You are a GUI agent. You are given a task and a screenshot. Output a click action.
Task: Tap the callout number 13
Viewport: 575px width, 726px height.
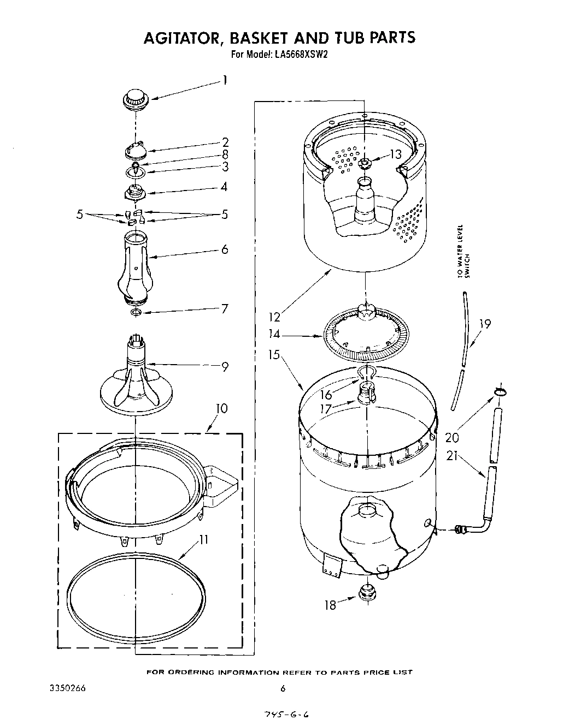pyautogui.click(x=396, y=154)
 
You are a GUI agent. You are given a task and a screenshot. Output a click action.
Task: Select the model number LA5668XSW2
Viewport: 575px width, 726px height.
pyautogui.click(x=301, y=54)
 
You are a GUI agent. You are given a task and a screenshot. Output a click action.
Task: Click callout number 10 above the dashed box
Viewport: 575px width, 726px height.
pyautogui.click(x=222, y=409)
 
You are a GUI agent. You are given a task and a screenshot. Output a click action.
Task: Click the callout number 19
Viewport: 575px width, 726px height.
pyautogui.click(x=484, y=324)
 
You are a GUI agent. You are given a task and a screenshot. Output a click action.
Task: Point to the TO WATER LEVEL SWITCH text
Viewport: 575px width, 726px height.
pyautogui.click(x=463, y=251)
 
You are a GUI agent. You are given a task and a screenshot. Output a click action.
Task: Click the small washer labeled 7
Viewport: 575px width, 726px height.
pyautogui.click(x=136, y=312)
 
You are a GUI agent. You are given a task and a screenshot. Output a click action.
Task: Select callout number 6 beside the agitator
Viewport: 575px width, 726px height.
pyautogui.click(x=225, y=249)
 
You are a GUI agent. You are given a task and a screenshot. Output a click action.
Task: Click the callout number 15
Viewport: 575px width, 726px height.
pyautogui.click(x=274, y=355)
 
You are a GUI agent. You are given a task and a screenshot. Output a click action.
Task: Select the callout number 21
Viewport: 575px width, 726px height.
pyautogui.click(x=452, y=456)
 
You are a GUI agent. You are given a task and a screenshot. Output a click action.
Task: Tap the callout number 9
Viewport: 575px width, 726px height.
pyautogui.click(x=225, y=367)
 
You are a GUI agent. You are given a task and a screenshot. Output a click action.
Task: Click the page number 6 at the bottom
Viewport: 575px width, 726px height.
pyautogui.click(x=283, y=688)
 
